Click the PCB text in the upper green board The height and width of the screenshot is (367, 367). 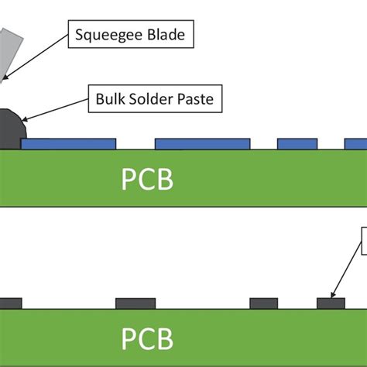pyautogui.click(x=147, y=180)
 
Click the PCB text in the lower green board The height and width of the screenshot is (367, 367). pyautogui.click(x=147, y=338)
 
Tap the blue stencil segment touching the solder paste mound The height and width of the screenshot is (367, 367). pyautogui.click(x=70, y=144)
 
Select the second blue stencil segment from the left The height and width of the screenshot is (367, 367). pyautogui.click(x=202, y=144)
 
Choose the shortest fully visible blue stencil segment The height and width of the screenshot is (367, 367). pyautogui.click(x=297, y=144)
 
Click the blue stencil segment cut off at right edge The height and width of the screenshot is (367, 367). pyautogui.click(x=355, y=144)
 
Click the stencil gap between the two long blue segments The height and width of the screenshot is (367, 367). pyautogui.click(x=135, y=145)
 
